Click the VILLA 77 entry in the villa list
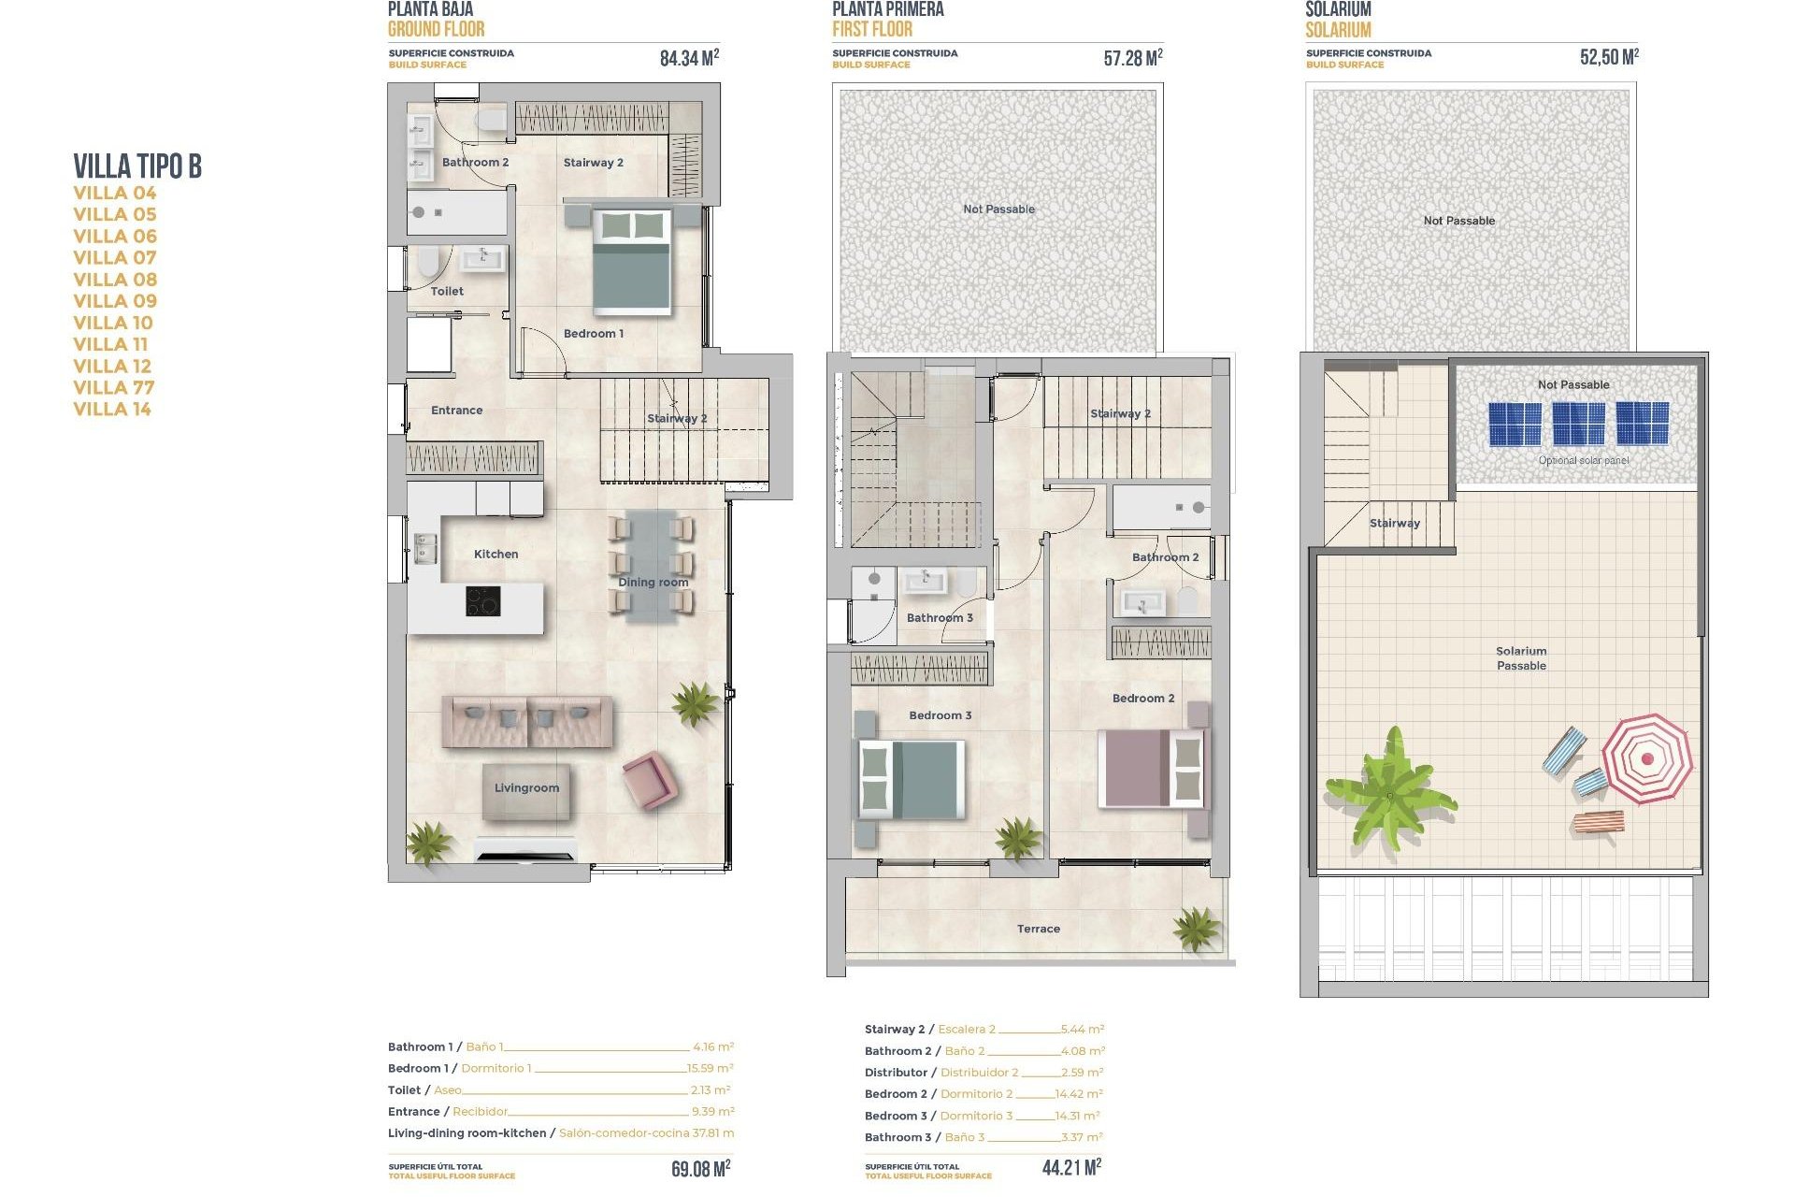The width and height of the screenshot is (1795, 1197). coord(114,387)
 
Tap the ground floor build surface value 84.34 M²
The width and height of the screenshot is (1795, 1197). coord(689,58)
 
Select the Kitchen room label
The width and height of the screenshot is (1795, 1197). coord(495,554)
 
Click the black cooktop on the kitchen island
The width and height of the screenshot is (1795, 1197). coord(482,601)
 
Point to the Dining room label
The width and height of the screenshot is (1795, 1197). coord(653,582)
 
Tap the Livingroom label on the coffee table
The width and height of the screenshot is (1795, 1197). coord(526,787)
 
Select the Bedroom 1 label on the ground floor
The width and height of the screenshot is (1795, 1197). coord(593,333)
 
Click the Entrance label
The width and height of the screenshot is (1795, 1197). coord(456,410)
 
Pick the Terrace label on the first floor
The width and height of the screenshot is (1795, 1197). coord(1038,929)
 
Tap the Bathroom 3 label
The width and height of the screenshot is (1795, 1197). coord(940,617)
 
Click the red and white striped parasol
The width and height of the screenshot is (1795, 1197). coord(1646,758)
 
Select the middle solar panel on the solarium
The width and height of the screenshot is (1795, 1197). coord(1578,424)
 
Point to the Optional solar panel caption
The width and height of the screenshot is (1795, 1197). coord(1583,460)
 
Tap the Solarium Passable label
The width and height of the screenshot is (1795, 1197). coord(1521,658)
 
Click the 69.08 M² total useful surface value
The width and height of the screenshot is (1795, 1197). coord(700,1169)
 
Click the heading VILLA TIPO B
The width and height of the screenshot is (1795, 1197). coord(137,166)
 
